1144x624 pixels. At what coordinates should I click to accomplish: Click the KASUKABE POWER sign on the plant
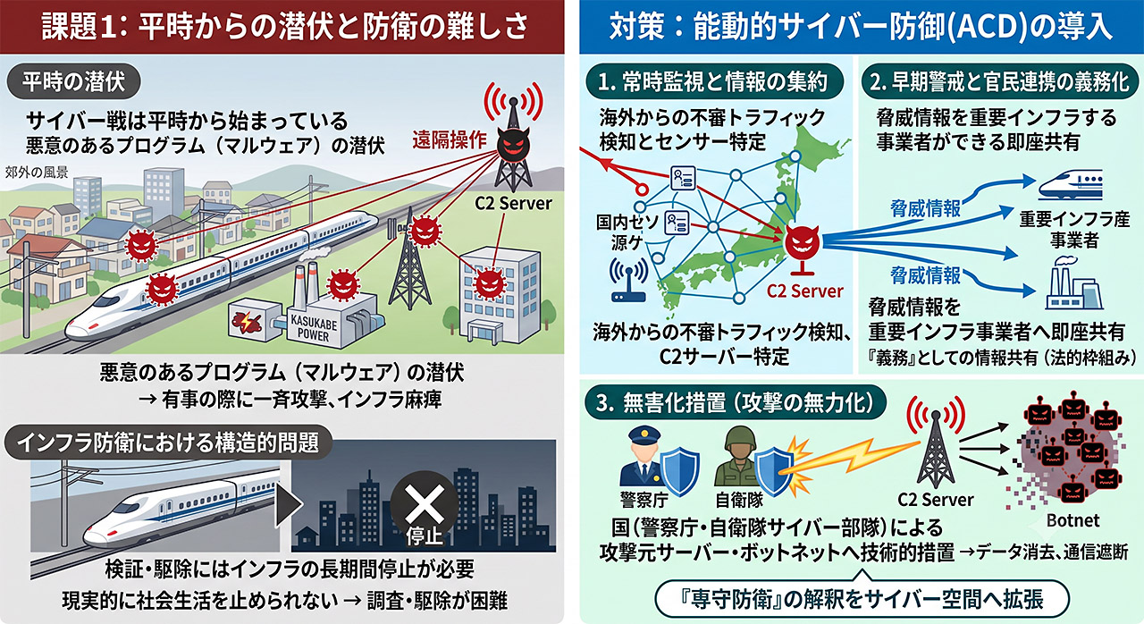click(x=314, y=328)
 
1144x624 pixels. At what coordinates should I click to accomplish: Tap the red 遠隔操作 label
click(x=450, y=139)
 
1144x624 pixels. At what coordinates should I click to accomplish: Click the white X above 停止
click(x=424, y=503)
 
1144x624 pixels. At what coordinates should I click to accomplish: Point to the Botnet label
click(x=1072, y=520)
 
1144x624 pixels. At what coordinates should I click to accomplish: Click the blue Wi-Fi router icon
click(x=628, y=280)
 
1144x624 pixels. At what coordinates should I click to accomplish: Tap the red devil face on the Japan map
click(x=802, y=242)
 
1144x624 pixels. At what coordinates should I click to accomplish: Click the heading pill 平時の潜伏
click(x=73, y=81)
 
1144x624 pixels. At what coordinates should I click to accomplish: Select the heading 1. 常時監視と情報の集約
click(x=713, y=81)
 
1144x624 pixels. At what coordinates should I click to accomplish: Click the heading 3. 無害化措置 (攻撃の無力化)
click(x=736, y=403)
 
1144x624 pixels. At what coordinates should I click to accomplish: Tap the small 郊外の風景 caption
click(x=37, y=173)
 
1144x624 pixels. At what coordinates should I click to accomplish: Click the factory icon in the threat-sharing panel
click(x=1073, y=285)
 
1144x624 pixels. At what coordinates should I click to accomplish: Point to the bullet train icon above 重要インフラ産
click(x=1071, y=185)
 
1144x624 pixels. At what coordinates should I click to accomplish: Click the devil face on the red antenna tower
click(x=513, y=145)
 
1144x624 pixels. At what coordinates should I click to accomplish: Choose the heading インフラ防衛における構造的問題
click(x=168, y=443)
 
